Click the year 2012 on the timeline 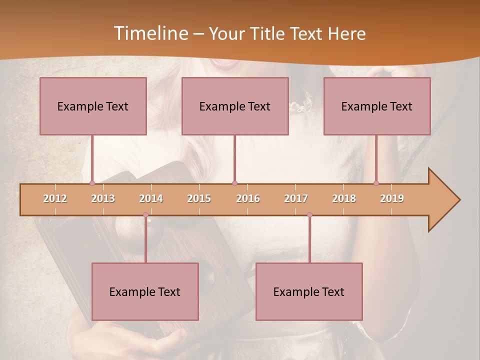(55, 198)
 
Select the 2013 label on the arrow (103, 198)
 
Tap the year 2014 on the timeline (151, 198)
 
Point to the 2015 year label (199, 198)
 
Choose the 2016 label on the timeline (248, 198)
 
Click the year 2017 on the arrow (296, 198)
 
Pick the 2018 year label (344, 198)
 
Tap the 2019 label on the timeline (392, 198)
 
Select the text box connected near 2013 (93, 106)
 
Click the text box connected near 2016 (235, 106)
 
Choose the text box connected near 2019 (377, 106)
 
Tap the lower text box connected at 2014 (145, 291)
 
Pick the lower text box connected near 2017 (309, 291)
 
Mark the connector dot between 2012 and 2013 (92, 183)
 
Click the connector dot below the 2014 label (145, 215)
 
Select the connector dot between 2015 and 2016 (234, 183)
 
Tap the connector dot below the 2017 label (309, 215)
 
